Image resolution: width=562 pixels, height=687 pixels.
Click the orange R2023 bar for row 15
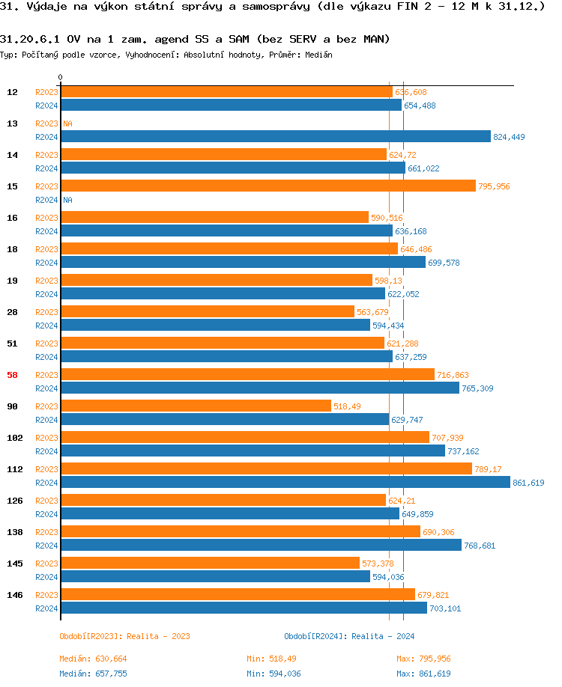[268, 186]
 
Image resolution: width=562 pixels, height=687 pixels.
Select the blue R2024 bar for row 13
[276, 137]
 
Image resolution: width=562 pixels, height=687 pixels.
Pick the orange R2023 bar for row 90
[196, 406]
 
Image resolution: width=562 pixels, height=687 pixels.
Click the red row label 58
[12, 375]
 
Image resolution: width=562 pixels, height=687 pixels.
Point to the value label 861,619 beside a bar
[528, 483]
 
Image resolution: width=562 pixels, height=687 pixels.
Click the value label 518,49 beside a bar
[347, 406]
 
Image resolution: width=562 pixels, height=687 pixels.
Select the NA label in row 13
[67, 123]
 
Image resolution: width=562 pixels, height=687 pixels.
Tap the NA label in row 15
[67, 200]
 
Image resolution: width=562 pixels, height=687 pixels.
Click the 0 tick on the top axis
[61, 78]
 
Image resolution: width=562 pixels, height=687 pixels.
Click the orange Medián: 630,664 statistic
[94, 659]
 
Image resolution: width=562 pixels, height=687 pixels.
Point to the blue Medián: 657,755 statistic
[94, 674]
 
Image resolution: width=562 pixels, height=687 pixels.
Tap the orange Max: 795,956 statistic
[423, 659]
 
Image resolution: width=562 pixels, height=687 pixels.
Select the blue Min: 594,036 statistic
[274, 674]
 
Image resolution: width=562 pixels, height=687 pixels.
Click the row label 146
[14, 595]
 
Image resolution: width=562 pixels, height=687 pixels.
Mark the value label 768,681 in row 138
[480, 546]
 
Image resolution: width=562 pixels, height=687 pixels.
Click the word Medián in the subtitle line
[318, 55]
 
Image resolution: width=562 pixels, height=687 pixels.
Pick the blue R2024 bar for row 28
[216, 326]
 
